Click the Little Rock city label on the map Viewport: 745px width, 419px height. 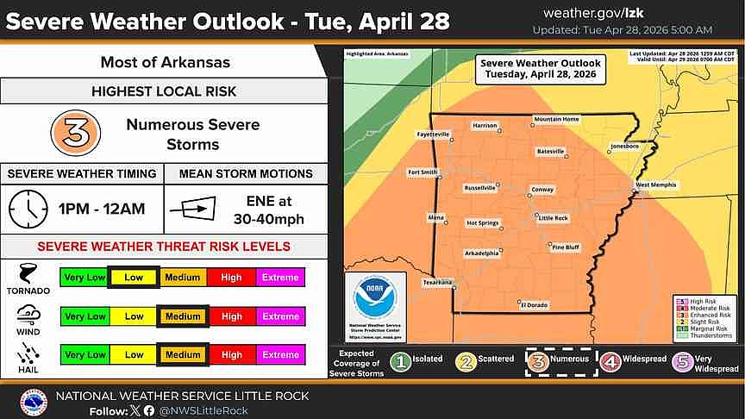[554, 218]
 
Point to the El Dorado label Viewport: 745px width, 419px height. [534, 303]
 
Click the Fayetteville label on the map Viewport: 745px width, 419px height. [433, 134]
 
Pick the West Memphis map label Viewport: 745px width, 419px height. [657, 184]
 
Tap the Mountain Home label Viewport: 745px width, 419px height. [556, 119]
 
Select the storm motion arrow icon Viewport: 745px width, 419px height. [191, 208]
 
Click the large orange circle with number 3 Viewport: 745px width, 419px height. [75, 132]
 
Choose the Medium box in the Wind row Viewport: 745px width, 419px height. [183, 316]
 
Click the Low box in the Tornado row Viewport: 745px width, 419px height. [134, 278]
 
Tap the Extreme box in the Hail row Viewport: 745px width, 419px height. [280, 354]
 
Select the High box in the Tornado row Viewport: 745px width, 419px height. [231, 278]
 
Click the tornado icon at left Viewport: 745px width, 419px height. [28, 277]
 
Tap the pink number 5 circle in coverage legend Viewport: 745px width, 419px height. [684, 360]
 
